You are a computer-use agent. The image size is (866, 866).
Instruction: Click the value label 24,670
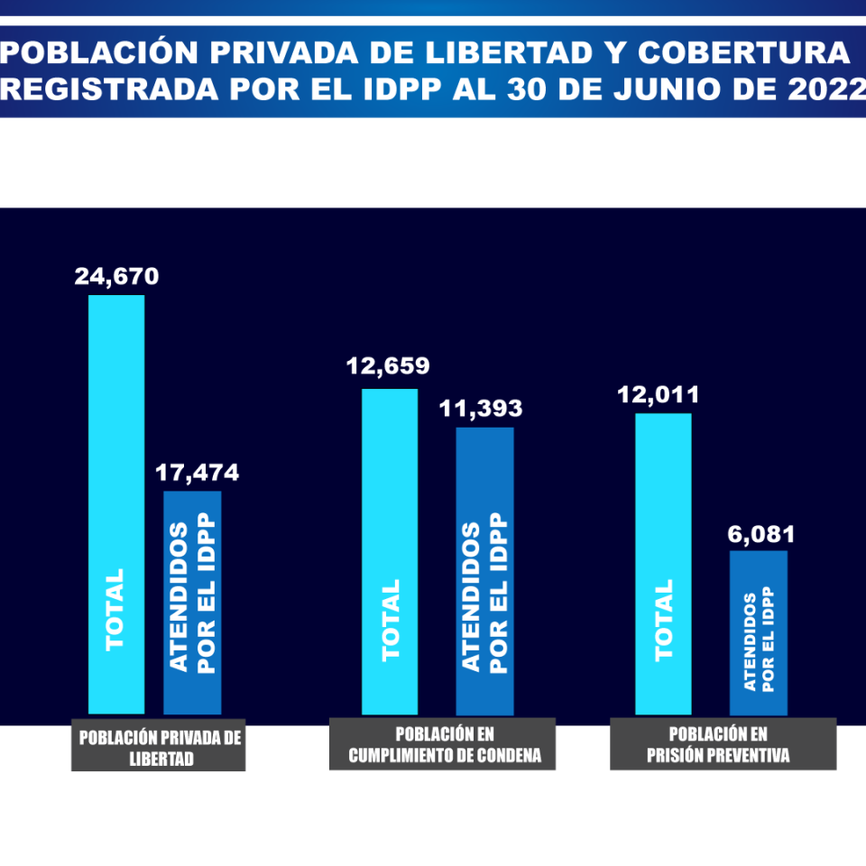click(116, 276)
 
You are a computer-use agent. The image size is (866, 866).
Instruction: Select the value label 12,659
click(388, 367)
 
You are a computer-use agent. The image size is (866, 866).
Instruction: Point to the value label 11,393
click(481, 409)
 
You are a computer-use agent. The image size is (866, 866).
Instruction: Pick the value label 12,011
click(659, 395)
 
